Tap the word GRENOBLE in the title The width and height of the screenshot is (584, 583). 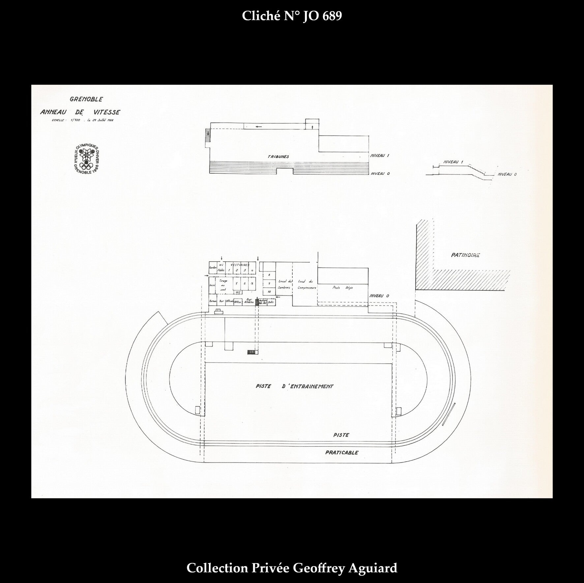(86, 99)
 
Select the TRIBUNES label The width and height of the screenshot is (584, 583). (278, 157)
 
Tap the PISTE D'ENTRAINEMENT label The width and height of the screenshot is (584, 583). (294, 386)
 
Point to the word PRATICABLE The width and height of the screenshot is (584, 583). (341, 453)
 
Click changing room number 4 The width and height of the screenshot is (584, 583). (252, 271)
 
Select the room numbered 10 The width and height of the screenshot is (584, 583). (269, 292)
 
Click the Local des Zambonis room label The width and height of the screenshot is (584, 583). (285, 284)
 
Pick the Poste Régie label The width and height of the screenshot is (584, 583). (343, 287)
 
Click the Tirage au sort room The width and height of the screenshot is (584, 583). (223, 285)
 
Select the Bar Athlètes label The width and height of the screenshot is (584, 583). (249, 301)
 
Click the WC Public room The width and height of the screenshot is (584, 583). (221, 267)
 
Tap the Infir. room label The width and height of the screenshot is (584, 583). (272, 301)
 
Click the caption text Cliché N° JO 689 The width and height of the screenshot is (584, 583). (292, 16)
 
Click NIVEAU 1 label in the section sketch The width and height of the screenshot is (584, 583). (453, 162)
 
